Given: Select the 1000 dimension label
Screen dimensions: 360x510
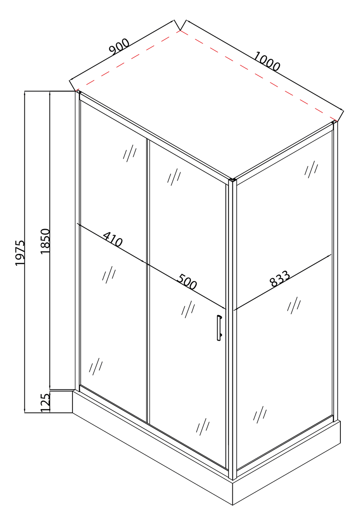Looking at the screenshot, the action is (267, 61).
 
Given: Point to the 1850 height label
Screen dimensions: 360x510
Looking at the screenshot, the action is (45, 241).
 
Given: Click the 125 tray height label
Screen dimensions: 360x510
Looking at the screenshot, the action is (45, 402).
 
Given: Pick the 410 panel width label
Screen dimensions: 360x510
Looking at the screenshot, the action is (113, 239).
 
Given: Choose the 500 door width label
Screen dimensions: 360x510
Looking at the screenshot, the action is (187, 282).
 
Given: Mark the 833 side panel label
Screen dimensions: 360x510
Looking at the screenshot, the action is (280, 278).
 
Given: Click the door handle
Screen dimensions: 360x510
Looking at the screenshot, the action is (219, 328).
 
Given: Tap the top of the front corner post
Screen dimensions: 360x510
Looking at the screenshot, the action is (233, 180).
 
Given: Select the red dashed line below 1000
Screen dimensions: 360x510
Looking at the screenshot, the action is (259, 75).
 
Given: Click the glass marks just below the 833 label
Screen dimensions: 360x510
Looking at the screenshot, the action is (294, 305).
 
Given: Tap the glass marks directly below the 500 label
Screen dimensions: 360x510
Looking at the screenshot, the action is (188, 309).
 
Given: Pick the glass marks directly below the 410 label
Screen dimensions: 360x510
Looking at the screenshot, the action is (109, 275).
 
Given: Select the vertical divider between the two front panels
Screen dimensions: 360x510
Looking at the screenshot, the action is (148, 281).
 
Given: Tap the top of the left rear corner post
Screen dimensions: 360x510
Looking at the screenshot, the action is (78, 92).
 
